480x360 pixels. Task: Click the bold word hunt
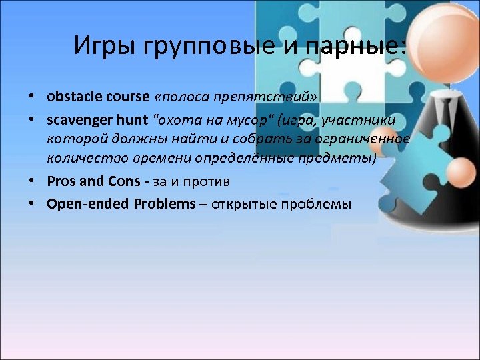click(131, 119)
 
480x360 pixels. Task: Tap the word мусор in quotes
click(241, 119)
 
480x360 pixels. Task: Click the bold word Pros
click(61, 181)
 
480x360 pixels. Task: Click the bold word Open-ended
click(87, 204)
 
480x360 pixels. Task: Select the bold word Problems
click(164, 203)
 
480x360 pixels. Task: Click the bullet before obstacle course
click(31, 97)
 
